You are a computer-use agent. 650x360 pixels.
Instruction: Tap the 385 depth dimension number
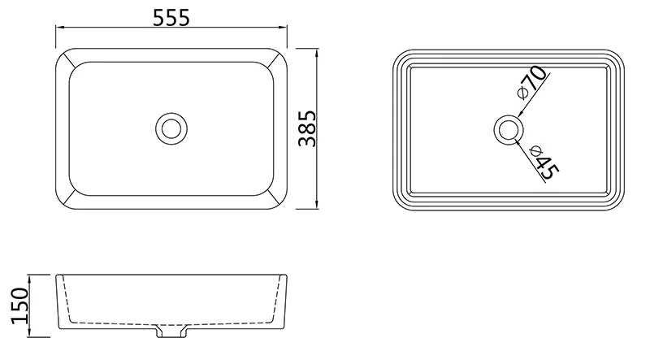[x=306, y=128]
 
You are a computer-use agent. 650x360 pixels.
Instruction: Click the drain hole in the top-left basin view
[x=171, y=128]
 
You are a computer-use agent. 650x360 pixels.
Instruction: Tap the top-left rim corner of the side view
[x=56, y=275]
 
